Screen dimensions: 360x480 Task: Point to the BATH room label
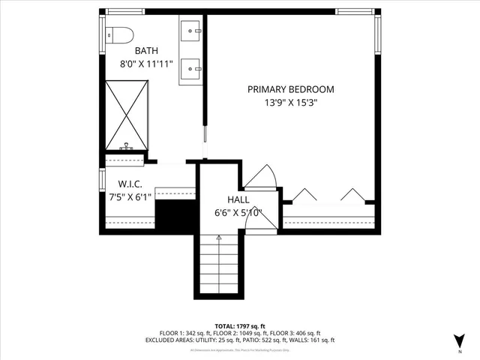(146, 51)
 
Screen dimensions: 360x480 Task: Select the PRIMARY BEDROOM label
(291, 89)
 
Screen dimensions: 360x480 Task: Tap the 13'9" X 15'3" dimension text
(291, 103)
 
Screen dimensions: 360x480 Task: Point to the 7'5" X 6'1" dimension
(131, 197)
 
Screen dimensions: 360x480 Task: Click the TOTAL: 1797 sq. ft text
(240, 325)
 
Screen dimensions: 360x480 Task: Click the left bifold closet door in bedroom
(304, 196)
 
